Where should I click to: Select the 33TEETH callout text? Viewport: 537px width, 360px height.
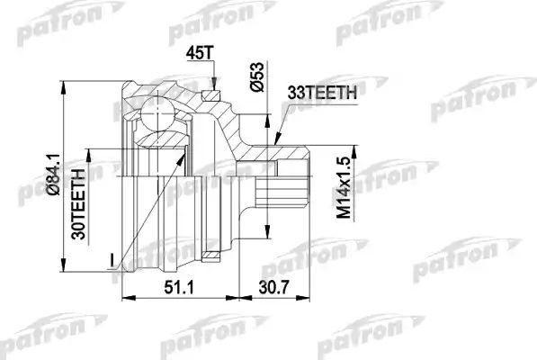(x=325, y=90)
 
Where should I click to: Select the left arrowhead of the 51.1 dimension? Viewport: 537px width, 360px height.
(x=123, y=296)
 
